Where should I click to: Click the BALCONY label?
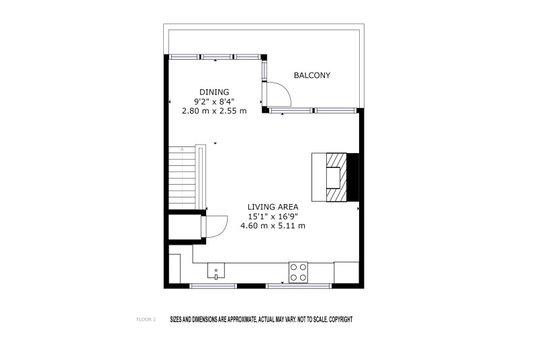312,75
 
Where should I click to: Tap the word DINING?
214,92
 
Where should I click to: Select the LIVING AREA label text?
273,207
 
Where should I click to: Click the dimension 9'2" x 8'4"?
214,101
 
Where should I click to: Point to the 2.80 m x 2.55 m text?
214,111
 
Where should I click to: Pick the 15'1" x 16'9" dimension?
273,216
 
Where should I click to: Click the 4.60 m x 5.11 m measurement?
273,226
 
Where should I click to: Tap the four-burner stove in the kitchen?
298,272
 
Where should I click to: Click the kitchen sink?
216,271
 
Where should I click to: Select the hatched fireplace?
336,177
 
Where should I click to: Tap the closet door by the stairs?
216,226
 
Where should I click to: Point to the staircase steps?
182,178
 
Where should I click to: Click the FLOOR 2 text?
146,320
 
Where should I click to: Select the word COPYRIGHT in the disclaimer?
341,320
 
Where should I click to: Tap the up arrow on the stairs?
182,149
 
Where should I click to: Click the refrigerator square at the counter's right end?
346,273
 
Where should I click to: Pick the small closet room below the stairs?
185,228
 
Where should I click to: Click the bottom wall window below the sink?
213,286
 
